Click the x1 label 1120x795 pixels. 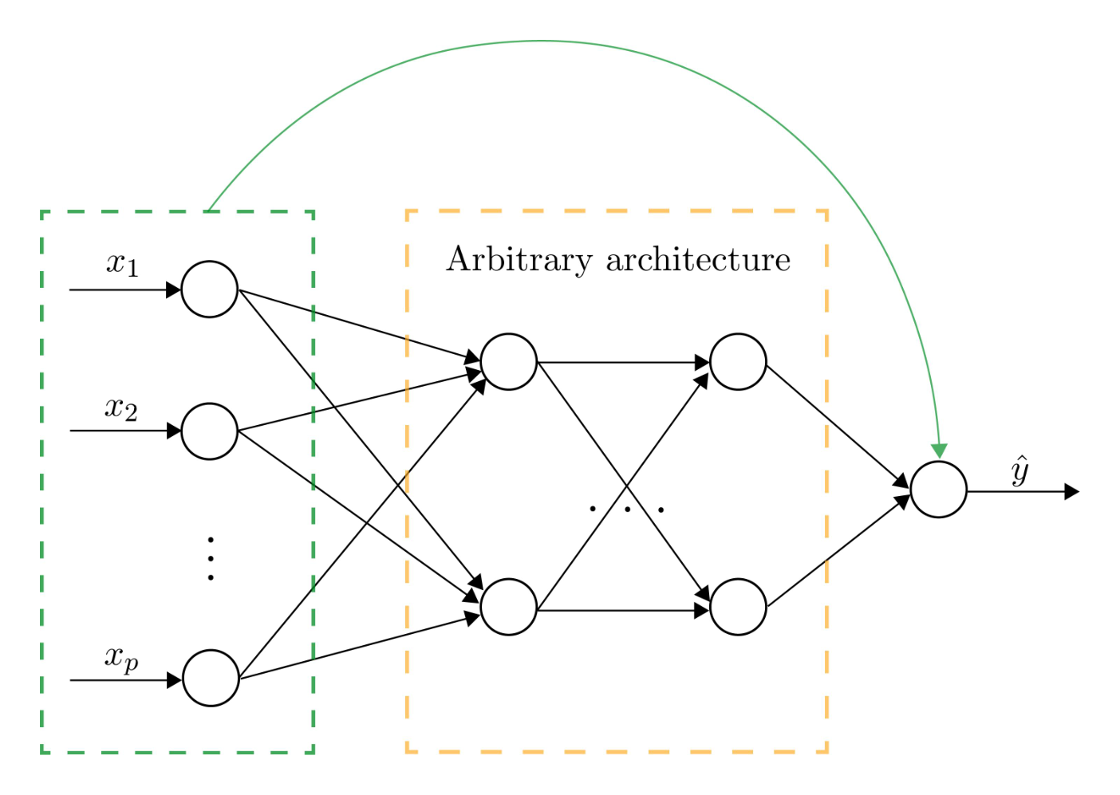[x=123, y=264]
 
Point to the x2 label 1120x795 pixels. [x=121, y=409]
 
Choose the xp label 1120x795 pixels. [x=121, y=659]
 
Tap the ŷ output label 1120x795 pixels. [x=1019, y=470]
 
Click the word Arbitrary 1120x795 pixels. [x=519, y=260]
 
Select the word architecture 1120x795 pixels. [x=699, y=260]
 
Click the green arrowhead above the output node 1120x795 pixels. [x=940, y=451]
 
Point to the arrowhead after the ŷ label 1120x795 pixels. [x=1071, y=492]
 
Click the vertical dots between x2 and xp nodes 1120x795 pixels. [x=211, y=559]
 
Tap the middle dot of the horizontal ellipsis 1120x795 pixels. [x=628, y=510]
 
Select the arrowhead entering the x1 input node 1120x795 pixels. [x=173, y=289]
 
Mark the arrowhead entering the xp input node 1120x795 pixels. [x=174, y=680]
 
